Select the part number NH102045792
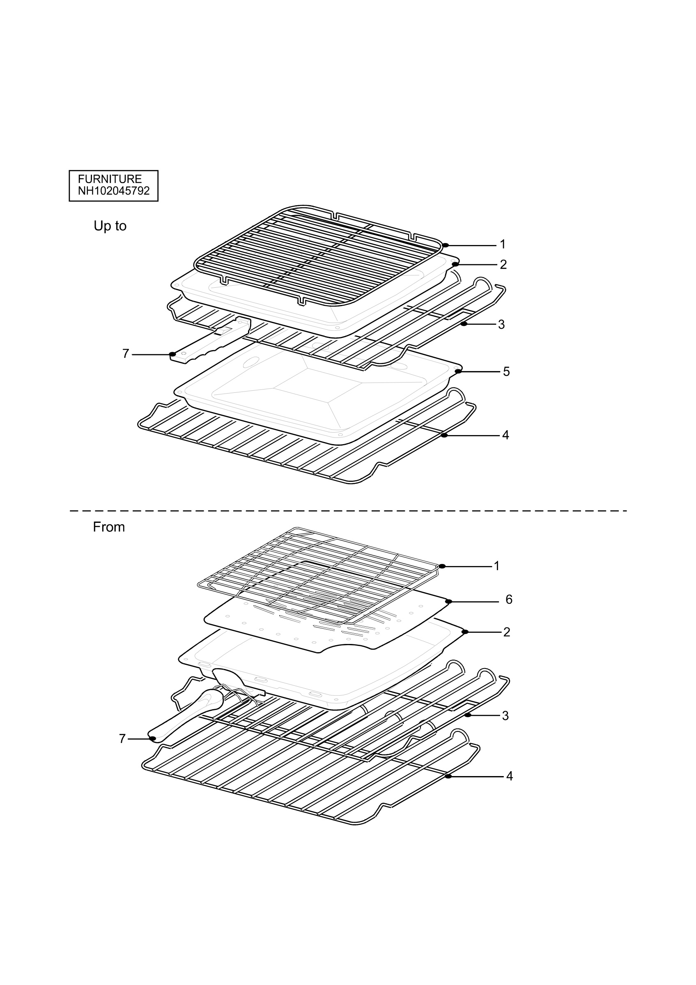click(x=114, y=191)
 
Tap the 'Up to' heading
click(x=110, y=226)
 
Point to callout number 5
click(x=506, y=371)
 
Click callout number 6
click(x=509, y=599)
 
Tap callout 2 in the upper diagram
click(x=503, y=264)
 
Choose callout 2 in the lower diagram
click(x=507, y=632)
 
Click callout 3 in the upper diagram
click(x=501, y=324)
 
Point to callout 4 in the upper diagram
click(x=505, y=435)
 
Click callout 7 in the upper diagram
click(x=126, y=353)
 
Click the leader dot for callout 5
click(x=458, y=371)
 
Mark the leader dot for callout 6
click(x=448, y=602)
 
